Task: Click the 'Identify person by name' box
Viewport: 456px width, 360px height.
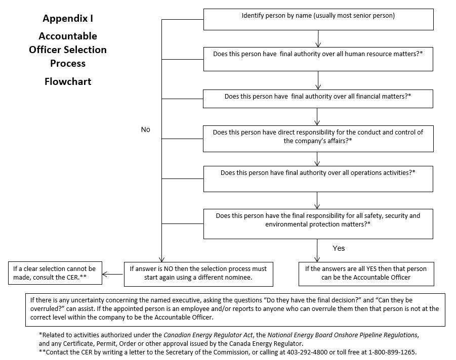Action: coord(318,19)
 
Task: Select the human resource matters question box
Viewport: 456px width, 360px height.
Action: coord(318,59)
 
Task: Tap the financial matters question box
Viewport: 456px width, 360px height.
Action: coord(318,99)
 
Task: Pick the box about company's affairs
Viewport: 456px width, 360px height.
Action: coord(318,138)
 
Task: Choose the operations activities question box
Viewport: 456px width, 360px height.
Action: coord(318,178)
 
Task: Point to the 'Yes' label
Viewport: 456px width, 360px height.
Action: coord(339,248)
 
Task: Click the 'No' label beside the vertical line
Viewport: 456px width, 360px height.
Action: coord(146,129)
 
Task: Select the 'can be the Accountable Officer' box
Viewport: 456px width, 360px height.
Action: coord(365,273)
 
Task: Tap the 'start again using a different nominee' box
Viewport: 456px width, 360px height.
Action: coord(198,273)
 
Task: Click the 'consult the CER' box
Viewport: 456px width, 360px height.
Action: coord(54,273)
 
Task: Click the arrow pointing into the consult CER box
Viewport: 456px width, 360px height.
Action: coord(112,275)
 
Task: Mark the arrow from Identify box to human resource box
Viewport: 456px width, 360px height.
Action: coord(318,39)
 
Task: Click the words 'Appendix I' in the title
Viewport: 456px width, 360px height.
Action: coord(68,19)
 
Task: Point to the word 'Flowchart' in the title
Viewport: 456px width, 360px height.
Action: coord(68,81)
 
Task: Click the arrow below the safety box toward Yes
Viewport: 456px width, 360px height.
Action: coord(318,250)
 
